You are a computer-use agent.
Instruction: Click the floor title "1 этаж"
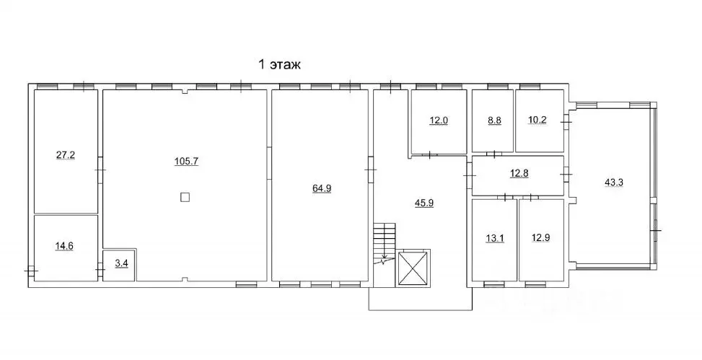(x=280, y=64)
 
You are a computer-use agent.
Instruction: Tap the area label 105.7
(x=186, y=162)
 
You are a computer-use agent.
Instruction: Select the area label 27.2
(x=66, y=156)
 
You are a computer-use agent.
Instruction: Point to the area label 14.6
(x=64, y=246)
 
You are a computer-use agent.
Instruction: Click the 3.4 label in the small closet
(x=122, y=263)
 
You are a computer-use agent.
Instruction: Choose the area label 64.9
(x=322, y=188)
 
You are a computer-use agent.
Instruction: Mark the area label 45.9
(x=424, y=203)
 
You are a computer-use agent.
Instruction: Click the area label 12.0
(x=439, y=120)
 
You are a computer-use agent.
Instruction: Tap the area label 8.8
(x=493, y=120)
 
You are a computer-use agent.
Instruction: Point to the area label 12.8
(x=519, y=173)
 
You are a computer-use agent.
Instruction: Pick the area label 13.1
(x=495, y=239)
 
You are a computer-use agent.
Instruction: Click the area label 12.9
(x=540, y=238)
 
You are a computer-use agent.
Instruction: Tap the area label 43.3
(x=614, y=183)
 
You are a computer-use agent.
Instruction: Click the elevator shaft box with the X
(x=413, y=268)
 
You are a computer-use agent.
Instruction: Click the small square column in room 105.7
(x=185, y=197)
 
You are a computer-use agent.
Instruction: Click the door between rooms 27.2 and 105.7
(x=101, y=170)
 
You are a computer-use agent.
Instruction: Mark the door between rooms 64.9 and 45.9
(x=370, y=170)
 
